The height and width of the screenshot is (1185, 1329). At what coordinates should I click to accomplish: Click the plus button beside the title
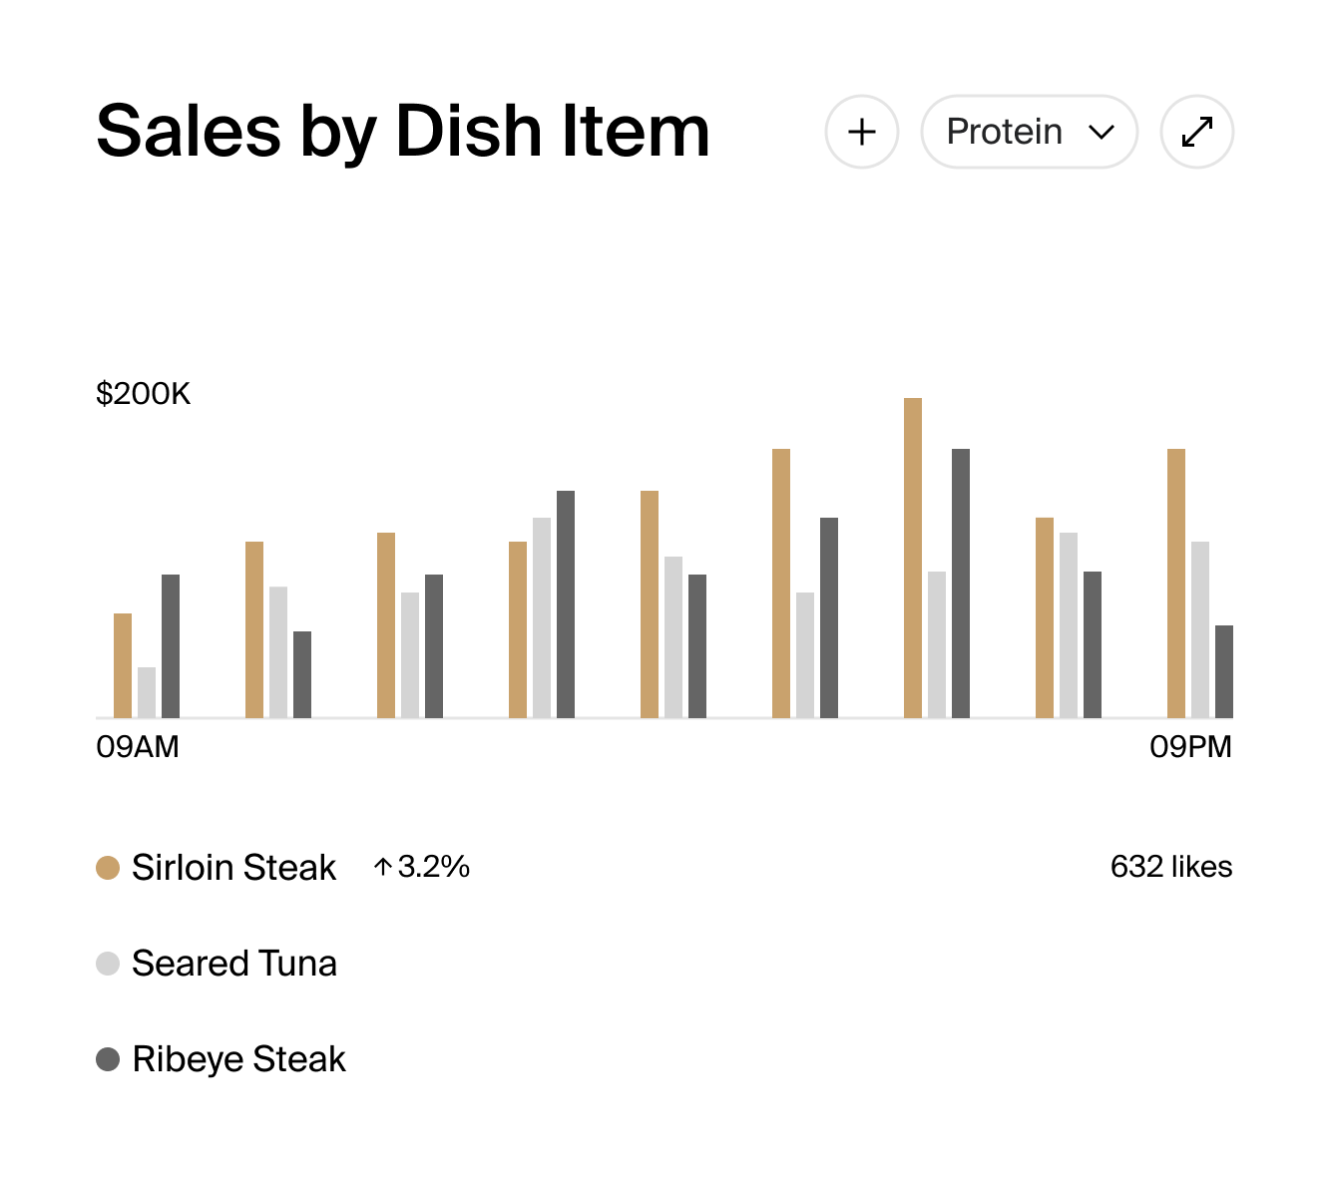[x=862, y=132]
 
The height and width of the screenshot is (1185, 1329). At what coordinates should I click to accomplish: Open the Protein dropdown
[x=1029, y=132]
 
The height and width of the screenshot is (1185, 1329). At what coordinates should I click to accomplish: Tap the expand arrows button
[x=1197, y=132]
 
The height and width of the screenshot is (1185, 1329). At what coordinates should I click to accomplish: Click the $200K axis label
[x=143, y=394]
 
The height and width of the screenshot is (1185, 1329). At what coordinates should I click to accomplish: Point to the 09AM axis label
[x=138, y=746]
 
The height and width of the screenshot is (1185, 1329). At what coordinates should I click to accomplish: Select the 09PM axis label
[x=1190, y=746]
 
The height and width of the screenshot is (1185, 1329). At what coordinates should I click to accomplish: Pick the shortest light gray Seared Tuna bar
[x=147, y=692]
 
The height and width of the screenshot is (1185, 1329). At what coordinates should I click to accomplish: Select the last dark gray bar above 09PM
[x=1224, y=671]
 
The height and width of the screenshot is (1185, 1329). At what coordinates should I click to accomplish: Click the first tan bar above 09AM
[x=123, y=665]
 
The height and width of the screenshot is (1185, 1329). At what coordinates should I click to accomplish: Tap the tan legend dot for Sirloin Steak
[x=108, y=868]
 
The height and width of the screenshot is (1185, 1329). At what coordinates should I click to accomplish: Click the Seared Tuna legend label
[x=234, y=964]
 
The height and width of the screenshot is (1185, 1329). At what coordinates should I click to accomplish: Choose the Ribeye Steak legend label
[x=238, y=1059]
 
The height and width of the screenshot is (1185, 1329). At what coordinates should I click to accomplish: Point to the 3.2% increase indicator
[x=422, y=867]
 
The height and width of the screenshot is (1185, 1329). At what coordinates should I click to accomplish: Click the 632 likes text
[x=1171, y=867]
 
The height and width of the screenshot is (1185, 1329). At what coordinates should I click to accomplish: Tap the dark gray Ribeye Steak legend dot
[x=108, y=1059]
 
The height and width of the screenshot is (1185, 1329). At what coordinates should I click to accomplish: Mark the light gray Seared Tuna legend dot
[x=108, y=964]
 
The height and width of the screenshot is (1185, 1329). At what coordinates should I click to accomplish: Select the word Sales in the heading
[x=189, y=132]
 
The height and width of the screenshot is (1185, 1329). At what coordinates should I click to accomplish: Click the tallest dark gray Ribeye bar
[x=961, y=583]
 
